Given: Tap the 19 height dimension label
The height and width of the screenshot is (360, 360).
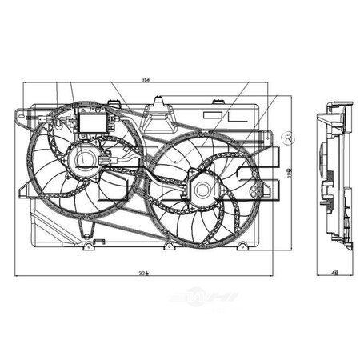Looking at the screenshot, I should pyautogui.click(x=290, y=170).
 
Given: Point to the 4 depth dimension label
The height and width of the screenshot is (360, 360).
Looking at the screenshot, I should pyautogui.click(x=334, y=274).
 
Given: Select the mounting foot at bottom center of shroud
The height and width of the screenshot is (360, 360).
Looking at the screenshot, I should pyautogui.click(x=169, y=246).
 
